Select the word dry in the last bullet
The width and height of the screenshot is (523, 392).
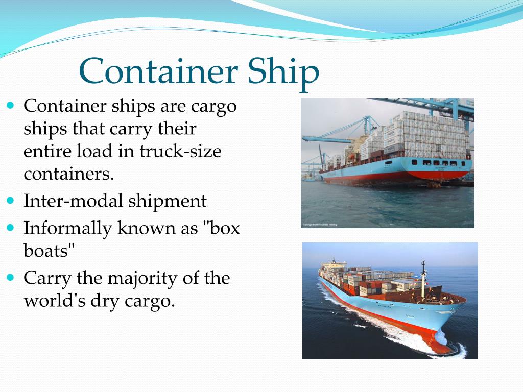coord(105,301)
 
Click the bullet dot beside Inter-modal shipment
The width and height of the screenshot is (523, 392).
coord(11,200)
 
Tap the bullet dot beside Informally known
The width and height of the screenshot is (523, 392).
coord(11,228)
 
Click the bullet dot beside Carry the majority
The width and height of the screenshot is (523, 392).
coord(11,278)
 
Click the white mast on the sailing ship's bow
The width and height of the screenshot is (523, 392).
coord(423,276)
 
